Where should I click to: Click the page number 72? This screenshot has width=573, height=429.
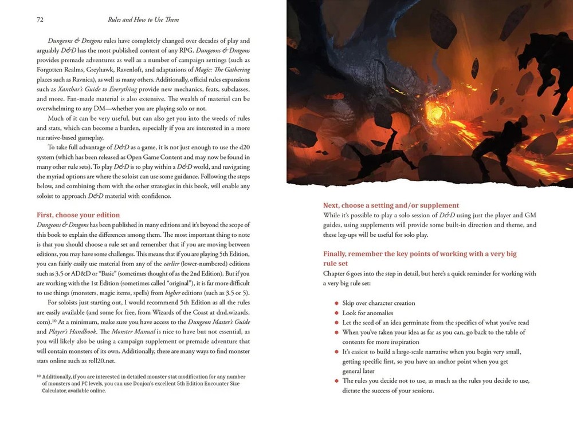tap(40, 19)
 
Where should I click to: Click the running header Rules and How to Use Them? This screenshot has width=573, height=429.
tap(143, 19)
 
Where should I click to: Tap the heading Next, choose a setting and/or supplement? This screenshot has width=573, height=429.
tap(391, 205)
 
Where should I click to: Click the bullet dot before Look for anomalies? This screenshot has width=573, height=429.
tap(336, 313)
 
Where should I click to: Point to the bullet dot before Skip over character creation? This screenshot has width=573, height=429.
tap(336, 303)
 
